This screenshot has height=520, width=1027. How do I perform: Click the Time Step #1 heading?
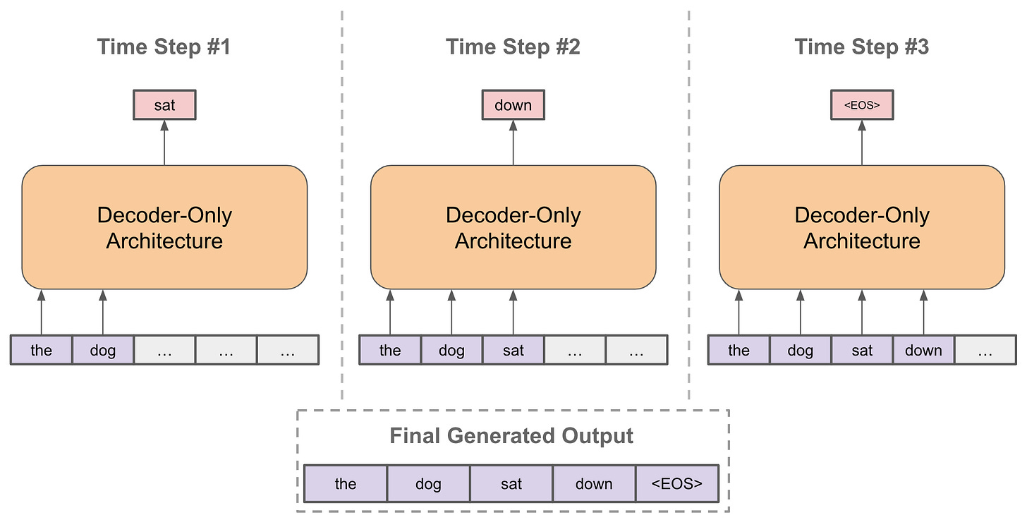(x=164, y=47)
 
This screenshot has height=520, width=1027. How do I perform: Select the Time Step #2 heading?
(x=513, y=47)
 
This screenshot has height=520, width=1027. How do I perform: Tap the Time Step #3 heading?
(x=861, y=47)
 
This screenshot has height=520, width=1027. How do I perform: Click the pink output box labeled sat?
(x=164, y=105)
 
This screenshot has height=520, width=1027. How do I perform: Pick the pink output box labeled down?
(x=513, y=105)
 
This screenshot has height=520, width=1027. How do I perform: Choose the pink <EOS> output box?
(x=862, y=105)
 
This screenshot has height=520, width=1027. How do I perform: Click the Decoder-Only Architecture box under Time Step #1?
(x=164, y=227)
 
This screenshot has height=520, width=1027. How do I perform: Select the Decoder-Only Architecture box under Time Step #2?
(x=513, y=227)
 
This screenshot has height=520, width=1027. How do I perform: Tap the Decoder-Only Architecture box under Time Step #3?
(x=862, y=227)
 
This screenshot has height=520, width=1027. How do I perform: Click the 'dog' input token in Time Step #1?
(x=103, y=350)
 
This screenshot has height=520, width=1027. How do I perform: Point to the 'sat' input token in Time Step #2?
(x=513, y=350)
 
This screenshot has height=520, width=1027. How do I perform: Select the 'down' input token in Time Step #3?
(x=923, y=350)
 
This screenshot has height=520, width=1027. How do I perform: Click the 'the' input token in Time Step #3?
(x=739, y=350)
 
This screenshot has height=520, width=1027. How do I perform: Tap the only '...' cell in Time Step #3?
(x=985, y=350)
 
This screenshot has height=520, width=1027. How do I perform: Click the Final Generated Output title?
(x=511, y=435)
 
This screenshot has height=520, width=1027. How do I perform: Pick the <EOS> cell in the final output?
(x=677, y=483)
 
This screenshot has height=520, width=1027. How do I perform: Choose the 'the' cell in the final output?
(x=346, y=483)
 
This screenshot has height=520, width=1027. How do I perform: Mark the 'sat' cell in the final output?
(x=511, y=483)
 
